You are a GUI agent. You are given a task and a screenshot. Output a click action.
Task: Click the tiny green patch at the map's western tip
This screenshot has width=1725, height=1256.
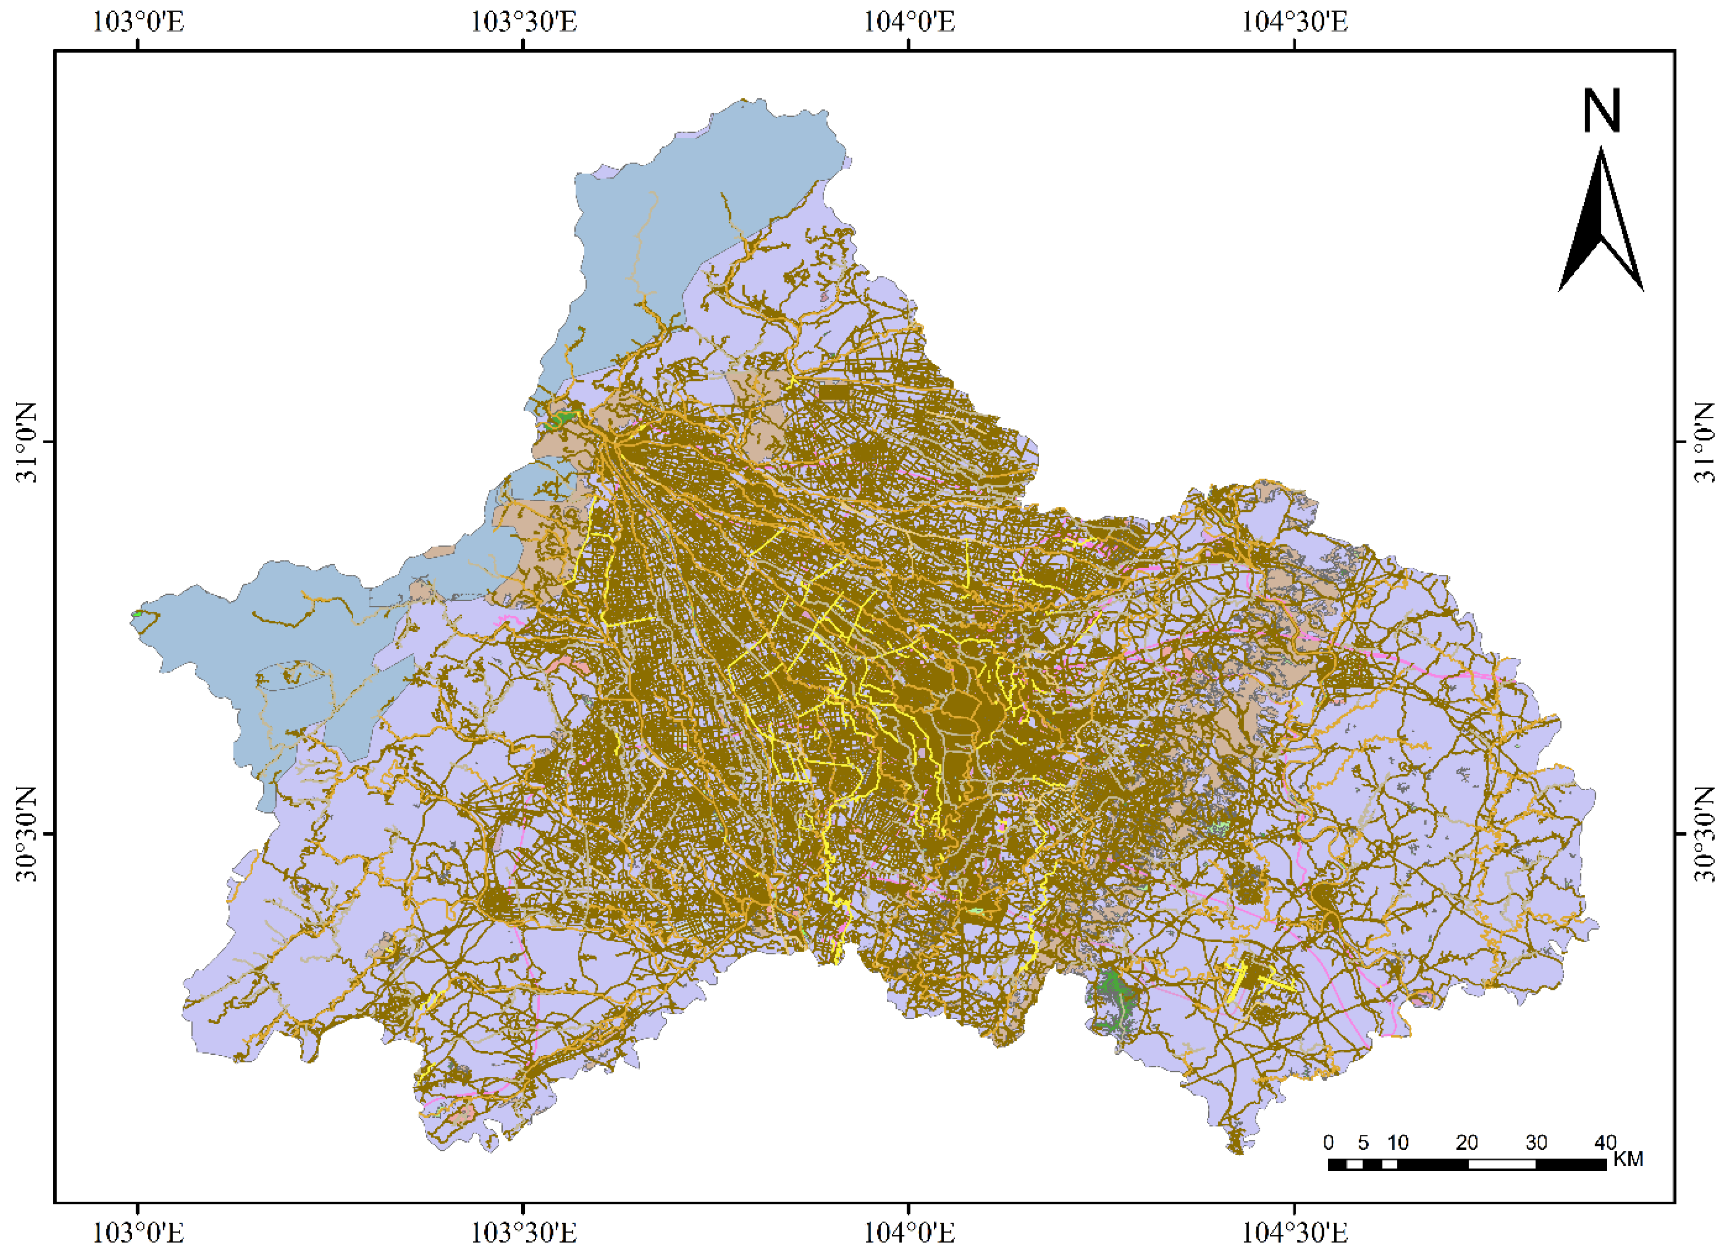point(138,613)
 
